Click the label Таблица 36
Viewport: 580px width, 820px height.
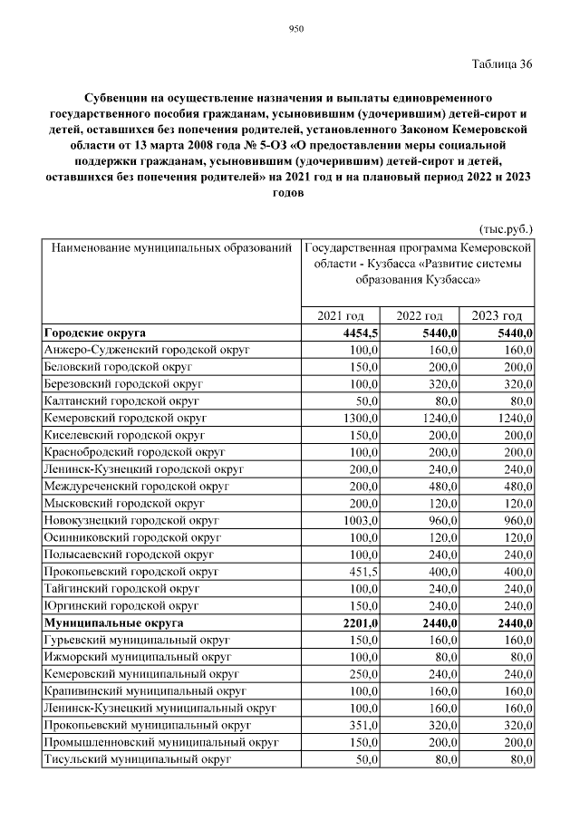[x=502, y=63]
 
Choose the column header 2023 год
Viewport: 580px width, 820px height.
[x=498, y=315]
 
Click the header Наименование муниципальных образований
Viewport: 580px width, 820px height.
[x=171, y=246]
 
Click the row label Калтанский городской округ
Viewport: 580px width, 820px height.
[x=121, y=400]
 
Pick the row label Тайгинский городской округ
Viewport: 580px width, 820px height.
[x=121, y=589]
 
